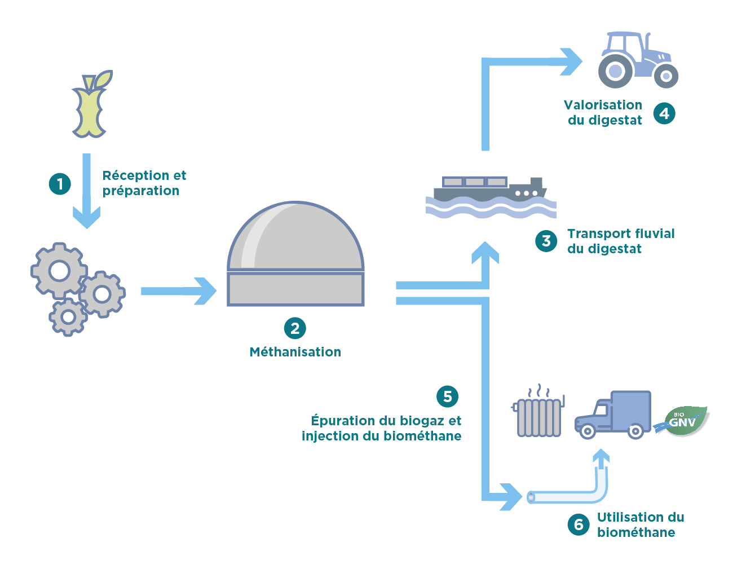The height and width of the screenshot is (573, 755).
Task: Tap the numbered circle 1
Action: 60,184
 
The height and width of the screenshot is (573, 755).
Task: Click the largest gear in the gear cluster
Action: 59,271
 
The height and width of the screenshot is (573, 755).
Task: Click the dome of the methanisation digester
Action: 295,237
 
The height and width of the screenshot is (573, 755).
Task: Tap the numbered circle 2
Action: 295,328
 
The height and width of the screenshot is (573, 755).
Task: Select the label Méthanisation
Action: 295,352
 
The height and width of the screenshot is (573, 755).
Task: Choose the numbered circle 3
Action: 546,241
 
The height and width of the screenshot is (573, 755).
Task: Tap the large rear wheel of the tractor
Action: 615,71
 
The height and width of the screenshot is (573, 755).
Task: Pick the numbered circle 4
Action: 664,113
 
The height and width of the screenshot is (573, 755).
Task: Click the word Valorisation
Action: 603,105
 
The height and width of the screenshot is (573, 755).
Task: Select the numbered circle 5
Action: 448,396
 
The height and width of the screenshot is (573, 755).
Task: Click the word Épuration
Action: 343,421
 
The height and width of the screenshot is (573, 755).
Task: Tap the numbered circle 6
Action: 579,524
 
